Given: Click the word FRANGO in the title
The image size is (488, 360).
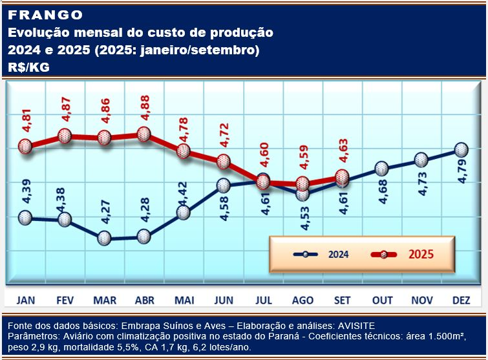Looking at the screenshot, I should (46, 15).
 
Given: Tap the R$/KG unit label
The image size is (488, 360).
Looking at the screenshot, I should (30, 67).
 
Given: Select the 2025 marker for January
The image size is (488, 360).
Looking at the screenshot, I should (25, 149).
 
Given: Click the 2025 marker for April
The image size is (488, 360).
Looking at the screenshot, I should (143, 134).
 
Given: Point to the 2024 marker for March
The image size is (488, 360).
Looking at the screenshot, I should (104, 238).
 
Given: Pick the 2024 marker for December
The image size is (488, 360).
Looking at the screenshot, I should (460, 149).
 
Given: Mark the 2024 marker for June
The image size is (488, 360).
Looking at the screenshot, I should (223, 185).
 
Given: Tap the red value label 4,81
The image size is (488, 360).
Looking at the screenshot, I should (26, 122).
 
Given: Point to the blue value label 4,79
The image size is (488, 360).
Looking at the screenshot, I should (463, 173).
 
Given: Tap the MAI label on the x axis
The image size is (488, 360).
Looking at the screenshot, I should (184, 300).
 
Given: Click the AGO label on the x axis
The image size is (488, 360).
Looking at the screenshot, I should (302, 300).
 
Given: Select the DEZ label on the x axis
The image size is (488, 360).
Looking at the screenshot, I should (460, 300).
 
